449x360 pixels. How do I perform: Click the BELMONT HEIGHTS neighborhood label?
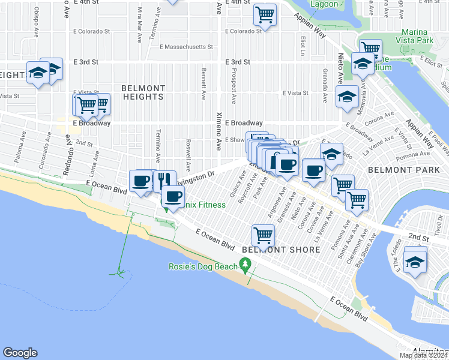pyautogui.click(x=143, y=92)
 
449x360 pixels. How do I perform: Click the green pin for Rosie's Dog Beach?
pyautogui.click(x=244, y=264)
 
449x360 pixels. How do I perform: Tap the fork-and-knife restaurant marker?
pyautogui.click(x=164, y=180)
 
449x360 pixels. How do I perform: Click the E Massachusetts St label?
pyautogui.click(x=186, y=47)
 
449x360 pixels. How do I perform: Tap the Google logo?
pyautogui.click(x=20, y=353)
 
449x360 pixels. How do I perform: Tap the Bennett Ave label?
pyautogui.click(x=204, y=83)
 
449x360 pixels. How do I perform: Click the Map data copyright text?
pyautogui.click(x=423, y=355)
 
